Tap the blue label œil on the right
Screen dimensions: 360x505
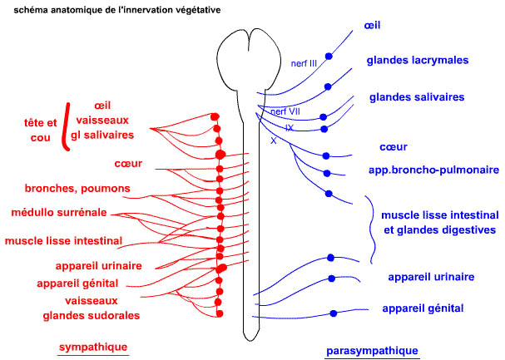pyautogui.click(x=372, y=26)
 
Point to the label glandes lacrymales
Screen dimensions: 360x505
pyautogui.click(x=417, y=61)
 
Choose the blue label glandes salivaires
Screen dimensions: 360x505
pyautogui.click(x=415, y=97)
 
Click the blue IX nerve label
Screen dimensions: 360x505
pyautogui.click(x=290, y=128)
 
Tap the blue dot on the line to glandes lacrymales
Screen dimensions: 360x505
pyautogui.click(x=329, y=86)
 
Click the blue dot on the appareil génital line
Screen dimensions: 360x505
pyautogui.click(x=334, y=313)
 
